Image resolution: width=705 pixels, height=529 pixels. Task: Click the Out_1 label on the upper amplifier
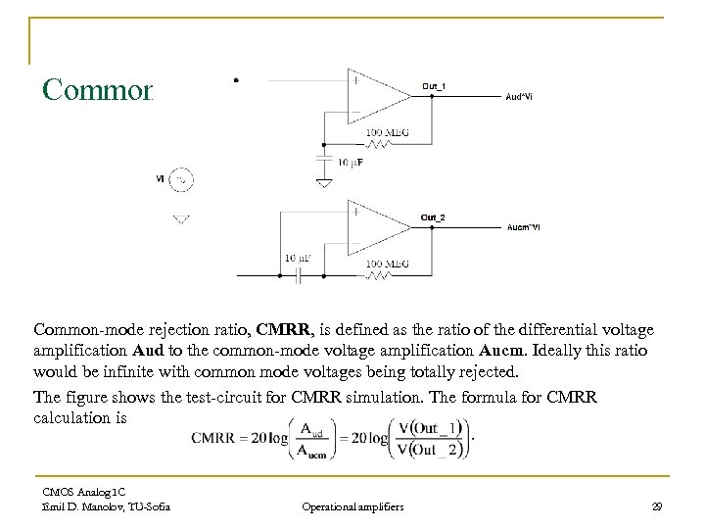tap(435, 86)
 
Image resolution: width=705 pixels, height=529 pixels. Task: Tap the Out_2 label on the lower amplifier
tap(433, 216)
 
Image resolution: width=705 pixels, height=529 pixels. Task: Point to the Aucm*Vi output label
tap(522, 227)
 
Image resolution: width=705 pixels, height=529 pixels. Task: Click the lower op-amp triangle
tap(377, 226)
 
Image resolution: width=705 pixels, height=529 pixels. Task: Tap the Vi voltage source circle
tap(181, 179)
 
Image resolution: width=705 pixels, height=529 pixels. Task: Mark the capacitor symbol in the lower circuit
tap(298, 275)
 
